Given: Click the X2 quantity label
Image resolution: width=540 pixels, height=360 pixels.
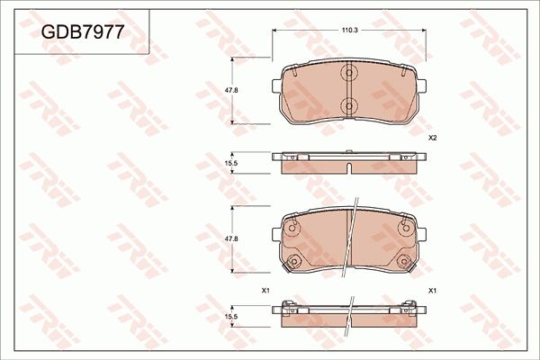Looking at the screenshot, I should [x=432, y=138].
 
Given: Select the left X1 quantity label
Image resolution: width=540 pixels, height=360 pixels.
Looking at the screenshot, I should [x=265, y=291].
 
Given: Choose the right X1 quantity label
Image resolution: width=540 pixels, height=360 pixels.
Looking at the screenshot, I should [x=432, y=291].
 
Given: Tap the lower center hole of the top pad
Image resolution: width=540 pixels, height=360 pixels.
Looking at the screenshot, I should [x=349, y=106].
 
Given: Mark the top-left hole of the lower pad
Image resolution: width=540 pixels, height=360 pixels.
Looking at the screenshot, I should [x=292, y=228].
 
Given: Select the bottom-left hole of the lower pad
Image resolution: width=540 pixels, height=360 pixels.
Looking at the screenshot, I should [x=292, y=262].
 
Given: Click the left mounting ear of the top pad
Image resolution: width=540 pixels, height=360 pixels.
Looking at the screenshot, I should [x=276, y=85].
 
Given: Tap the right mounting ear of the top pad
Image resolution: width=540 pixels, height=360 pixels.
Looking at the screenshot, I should [x=422, y=85].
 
